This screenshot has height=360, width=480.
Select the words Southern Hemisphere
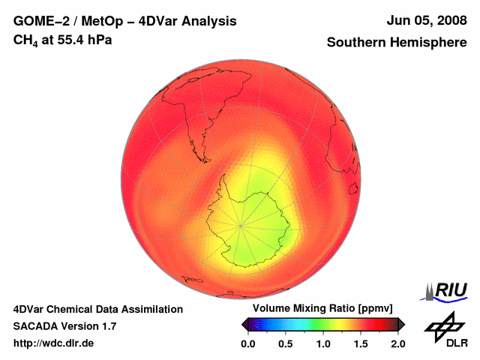click(397, 43)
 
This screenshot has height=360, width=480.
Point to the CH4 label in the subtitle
click(25, 40)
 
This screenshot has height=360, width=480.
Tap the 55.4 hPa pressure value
click(82, 40)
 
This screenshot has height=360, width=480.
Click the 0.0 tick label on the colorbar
click(248, 343)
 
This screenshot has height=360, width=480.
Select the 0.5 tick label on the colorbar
click(286, 343)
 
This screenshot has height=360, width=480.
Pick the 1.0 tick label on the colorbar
click(323, 343)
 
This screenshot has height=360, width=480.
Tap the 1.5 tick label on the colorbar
click(361, 343)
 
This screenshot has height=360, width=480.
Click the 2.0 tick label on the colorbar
click(397, 343)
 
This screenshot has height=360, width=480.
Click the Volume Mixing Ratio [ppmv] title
click(322, 309)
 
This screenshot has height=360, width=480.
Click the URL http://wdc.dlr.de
click(54, 343)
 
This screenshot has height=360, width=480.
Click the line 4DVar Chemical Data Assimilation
click(97, 309)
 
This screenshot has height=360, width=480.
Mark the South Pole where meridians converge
click(241, 225)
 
